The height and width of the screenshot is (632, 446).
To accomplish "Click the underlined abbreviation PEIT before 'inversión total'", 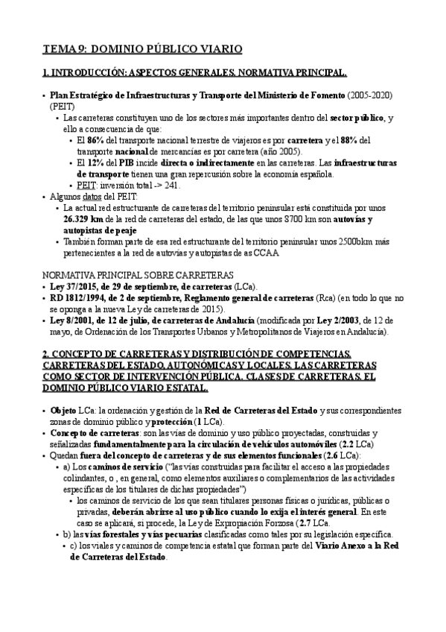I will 87,184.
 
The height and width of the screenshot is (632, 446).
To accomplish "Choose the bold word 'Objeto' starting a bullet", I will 64,411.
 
